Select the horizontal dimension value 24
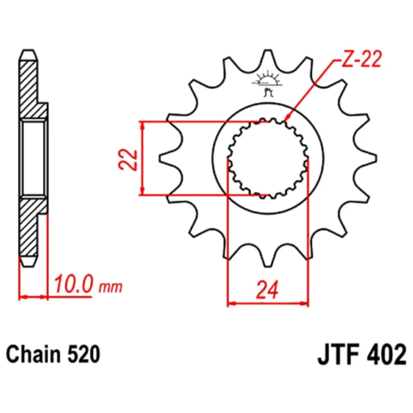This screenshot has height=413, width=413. (267, 290)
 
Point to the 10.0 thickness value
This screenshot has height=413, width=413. (74, 284)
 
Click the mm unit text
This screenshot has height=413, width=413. (111, 287)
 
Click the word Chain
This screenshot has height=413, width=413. (33, 354)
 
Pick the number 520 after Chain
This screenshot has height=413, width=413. (84, 354)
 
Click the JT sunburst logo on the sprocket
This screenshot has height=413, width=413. (267, 83)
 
